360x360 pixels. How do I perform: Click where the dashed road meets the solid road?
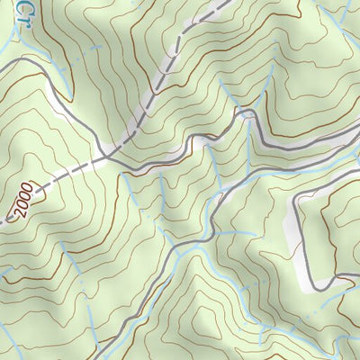(x=105, y=157)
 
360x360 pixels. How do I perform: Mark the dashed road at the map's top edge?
(x=220, y=3)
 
